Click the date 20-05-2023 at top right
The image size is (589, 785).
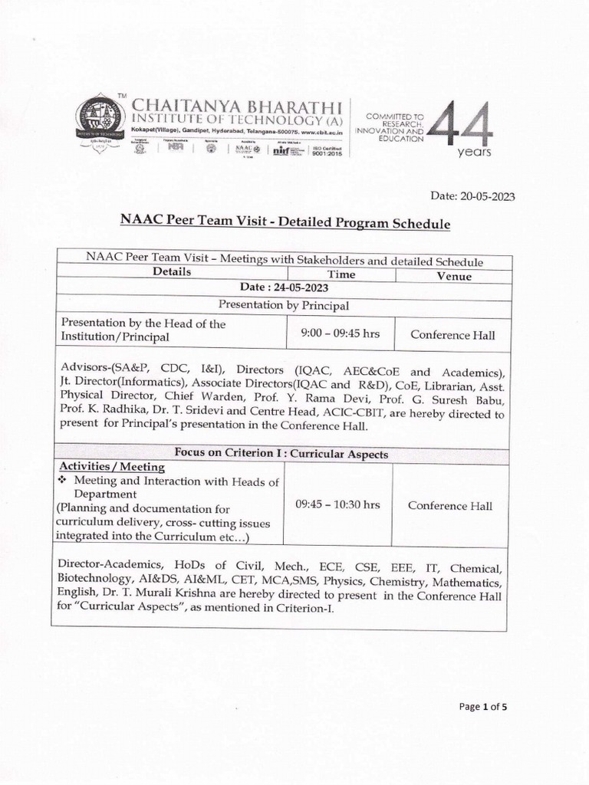coord(472,196)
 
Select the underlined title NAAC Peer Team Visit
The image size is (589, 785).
coord(283,222)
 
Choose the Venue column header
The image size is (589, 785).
coord(454,276)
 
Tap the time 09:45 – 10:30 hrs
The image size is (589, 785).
coord(337,504)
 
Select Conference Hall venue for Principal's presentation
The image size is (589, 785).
coord(452,335)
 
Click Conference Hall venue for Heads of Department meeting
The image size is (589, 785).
coord(450,505)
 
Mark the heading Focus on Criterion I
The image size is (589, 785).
coord(281,454)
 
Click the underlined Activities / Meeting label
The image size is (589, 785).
coord(112,467)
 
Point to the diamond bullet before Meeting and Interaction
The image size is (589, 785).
coord(64,481)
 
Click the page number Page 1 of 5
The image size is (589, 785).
coord(483,707)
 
